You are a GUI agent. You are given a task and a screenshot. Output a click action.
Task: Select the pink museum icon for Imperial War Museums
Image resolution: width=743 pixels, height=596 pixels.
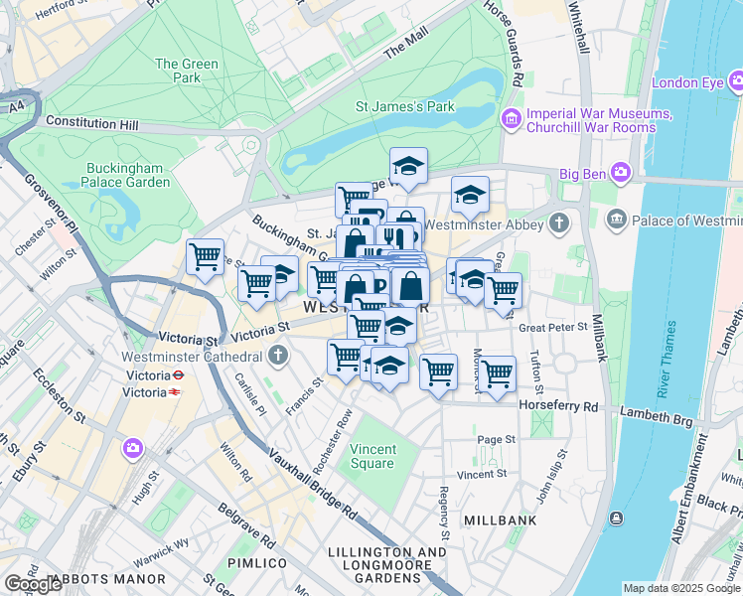(512, 120)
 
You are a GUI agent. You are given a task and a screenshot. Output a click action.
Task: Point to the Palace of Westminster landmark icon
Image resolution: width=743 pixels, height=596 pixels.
(615, 219)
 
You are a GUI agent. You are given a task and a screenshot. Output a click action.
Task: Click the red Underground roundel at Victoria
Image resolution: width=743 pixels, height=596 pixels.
(177, 376)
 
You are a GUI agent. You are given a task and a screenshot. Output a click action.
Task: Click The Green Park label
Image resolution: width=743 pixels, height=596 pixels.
(186, 72)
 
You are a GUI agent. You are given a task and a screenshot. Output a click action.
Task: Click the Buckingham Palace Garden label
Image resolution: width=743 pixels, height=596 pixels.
(127, 175)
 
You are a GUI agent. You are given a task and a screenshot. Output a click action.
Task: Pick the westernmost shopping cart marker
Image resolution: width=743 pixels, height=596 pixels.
(205, 257)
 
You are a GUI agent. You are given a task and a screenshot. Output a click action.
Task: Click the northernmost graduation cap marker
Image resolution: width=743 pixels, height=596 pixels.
(408, 165)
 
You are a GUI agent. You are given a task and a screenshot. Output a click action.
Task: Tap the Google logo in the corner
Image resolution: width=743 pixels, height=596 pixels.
(33, 584)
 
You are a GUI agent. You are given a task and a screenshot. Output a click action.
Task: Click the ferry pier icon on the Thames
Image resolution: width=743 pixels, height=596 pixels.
(617, 518)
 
